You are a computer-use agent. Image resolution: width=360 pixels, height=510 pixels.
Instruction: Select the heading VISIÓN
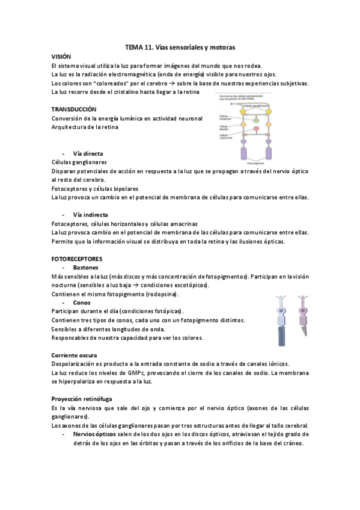tap(62, 55)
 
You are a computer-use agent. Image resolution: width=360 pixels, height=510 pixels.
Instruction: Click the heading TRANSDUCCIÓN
tap(74, 109)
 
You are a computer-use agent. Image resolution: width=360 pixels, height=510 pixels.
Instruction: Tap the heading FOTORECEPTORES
tap(77, 258)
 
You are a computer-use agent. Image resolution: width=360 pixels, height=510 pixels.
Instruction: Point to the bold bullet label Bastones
tap(86, 267)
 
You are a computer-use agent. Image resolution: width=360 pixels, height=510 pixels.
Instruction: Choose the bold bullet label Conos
tap(82, 303)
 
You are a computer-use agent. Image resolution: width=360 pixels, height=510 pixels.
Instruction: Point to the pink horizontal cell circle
tap(256, 128)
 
